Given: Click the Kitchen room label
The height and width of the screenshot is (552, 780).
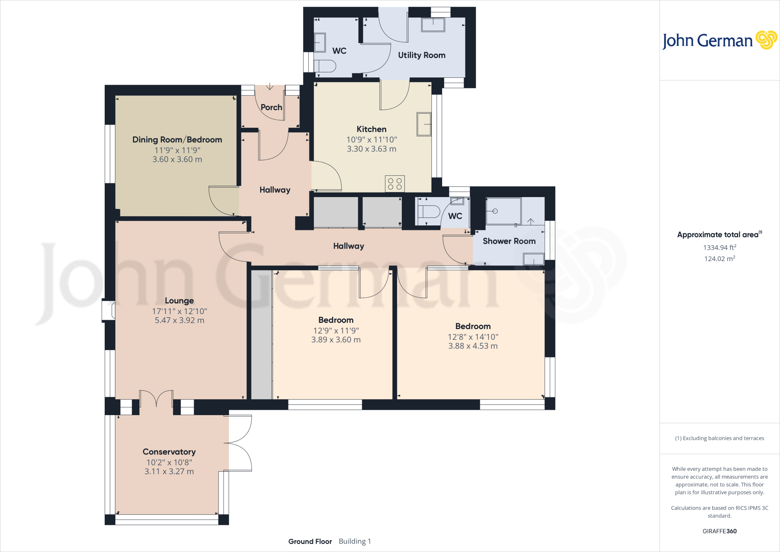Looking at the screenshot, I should pos(371,129).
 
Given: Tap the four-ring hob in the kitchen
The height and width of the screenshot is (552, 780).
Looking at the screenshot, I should pos(395,184).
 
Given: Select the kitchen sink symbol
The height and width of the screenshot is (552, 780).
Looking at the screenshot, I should pos(424,124).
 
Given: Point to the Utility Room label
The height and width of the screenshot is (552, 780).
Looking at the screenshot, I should pos(422,55).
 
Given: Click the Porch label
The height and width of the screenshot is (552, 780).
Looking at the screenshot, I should pos(271,108).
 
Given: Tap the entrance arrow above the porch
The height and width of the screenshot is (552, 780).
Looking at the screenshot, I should pos(270,87).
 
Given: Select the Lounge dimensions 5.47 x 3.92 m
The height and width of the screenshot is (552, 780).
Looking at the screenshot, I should pos(179,321).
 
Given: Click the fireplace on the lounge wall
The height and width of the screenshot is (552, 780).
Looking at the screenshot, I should pos(108,310).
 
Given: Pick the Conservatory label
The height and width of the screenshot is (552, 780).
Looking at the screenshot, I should pos(169,452).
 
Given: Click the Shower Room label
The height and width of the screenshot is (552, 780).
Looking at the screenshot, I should pos(509,241).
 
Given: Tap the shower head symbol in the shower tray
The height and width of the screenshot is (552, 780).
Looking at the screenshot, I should pos(495,211).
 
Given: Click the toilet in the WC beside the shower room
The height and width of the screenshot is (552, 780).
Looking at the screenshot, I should pos(429,212).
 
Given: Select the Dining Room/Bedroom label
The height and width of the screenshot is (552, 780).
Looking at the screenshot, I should pos(177,140).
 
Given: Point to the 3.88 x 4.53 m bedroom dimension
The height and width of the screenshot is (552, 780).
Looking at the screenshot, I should pos(473,346).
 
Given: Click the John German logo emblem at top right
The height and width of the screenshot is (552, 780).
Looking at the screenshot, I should pos(766,40).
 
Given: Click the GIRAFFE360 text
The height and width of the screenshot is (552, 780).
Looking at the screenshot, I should pos(719,531).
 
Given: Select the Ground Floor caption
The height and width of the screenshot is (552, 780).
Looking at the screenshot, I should pos(310,541).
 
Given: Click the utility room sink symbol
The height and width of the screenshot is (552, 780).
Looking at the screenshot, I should pos(433,25).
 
